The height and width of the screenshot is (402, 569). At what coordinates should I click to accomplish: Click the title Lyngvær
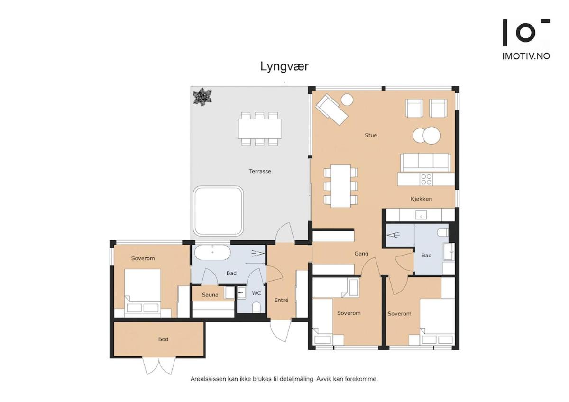[284, 66]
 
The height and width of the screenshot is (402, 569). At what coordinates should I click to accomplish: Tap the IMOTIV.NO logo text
[526, 56]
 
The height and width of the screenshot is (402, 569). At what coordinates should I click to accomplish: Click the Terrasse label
[260, 171]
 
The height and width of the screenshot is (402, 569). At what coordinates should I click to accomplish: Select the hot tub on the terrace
[218, 210]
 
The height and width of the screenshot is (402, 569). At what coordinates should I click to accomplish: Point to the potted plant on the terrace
[202, 97]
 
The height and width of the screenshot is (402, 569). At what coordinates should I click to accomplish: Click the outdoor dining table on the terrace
[259, 128]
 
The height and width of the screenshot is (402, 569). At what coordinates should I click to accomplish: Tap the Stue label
[371, 136]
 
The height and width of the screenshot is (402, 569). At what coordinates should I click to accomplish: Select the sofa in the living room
[425, 162]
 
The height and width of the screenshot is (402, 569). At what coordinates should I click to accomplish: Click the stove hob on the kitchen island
[426, 179]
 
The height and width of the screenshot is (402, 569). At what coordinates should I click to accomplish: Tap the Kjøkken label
[421, 199]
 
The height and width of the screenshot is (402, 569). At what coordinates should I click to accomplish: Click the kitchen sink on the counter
[420, 215]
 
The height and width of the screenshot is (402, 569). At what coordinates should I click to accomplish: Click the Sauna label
[210, 295]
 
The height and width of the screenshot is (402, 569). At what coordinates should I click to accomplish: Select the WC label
[256, 293]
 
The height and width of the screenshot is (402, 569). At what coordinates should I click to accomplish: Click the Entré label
[281, 300]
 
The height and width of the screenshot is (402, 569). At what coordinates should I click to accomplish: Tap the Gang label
[361, 254]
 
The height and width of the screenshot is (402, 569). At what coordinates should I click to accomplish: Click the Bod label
[163, 339]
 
